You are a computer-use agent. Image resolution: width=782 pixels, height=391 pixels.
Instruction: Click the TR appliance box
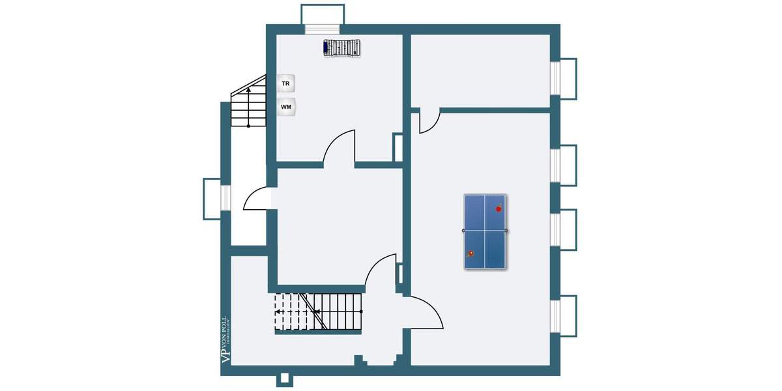pos(285,83)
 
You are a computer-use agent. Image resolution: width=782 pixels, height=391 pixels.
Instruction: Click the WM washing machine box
pos(286,106)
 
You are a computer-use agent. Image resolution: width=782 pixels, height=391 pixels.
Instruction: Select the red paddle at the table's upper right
pos(499,208)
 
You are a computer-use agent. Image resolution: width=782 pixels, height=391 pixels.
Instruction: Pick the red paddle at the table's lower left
pos(470,253)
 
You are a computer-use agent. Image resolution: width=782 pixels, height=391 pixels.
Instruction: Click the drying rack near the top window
pos(343,48)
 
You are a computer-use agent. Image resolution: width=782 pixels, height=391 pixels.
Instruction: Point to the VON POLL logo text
pos(225,338)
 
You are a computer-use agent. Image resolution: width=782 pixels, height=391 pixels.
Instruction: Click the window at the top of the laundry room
pos(323,29)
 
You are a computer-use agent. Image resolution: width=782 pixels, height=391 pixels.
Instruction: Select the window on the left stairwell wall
pos(225,198)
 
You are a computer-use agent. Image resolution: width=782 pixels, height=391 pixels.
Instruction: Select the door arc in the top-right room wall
pos(429,121)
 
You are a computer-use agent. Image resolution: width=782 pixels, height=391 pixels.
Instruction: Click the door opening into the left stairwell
pos(259,199)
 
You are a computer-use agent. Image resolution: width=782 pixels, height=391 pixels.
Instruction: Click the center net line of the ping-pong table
pos(485,231)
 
